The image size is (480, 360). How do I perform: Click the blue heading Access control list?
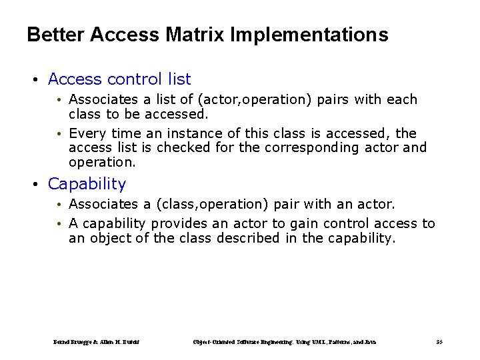tap(119, 79)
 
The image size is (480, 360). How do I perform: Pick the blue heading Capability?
tap(87, 183)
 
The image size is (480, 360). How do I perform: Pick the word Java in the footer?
tap(370, 342)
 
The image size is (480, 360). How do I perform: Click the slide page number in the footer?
tap(439, 342)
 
